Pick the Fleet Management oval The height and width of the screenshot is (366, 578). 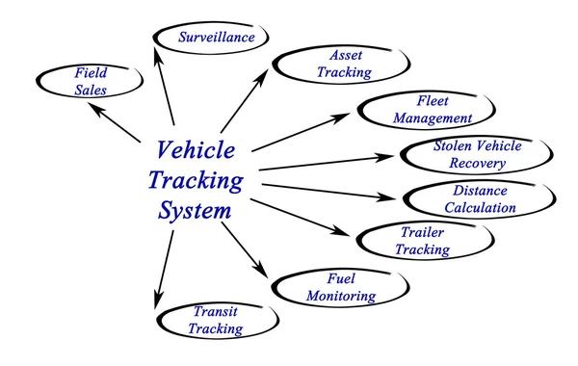pos(417,110)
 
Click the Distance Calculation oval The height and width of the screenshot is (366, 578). pos(479,198)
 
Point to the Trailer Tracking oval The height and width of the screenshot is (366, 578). pos(421,240)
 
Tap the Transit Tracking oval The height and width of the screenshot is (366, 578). pos(215,320)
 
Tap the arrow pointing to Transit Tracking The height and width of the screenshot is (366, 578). pos(163,270)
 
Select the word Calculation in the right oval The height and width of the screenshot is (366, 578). pos(479,207)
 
